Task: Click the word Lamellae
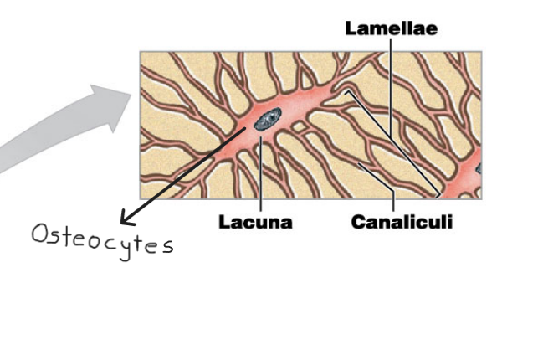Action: pos(391,28)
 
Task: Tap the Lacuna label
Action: pos(255,222)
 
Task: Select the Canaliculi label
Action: pos(401,222)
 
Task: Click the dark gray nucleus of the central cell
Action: pos(269,121)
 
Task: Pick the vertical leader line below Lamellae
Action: pos(390,84)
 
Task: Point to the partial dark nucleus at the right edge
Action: pos(479,169)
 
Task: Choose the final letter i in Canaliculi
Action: pos(448,222)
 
